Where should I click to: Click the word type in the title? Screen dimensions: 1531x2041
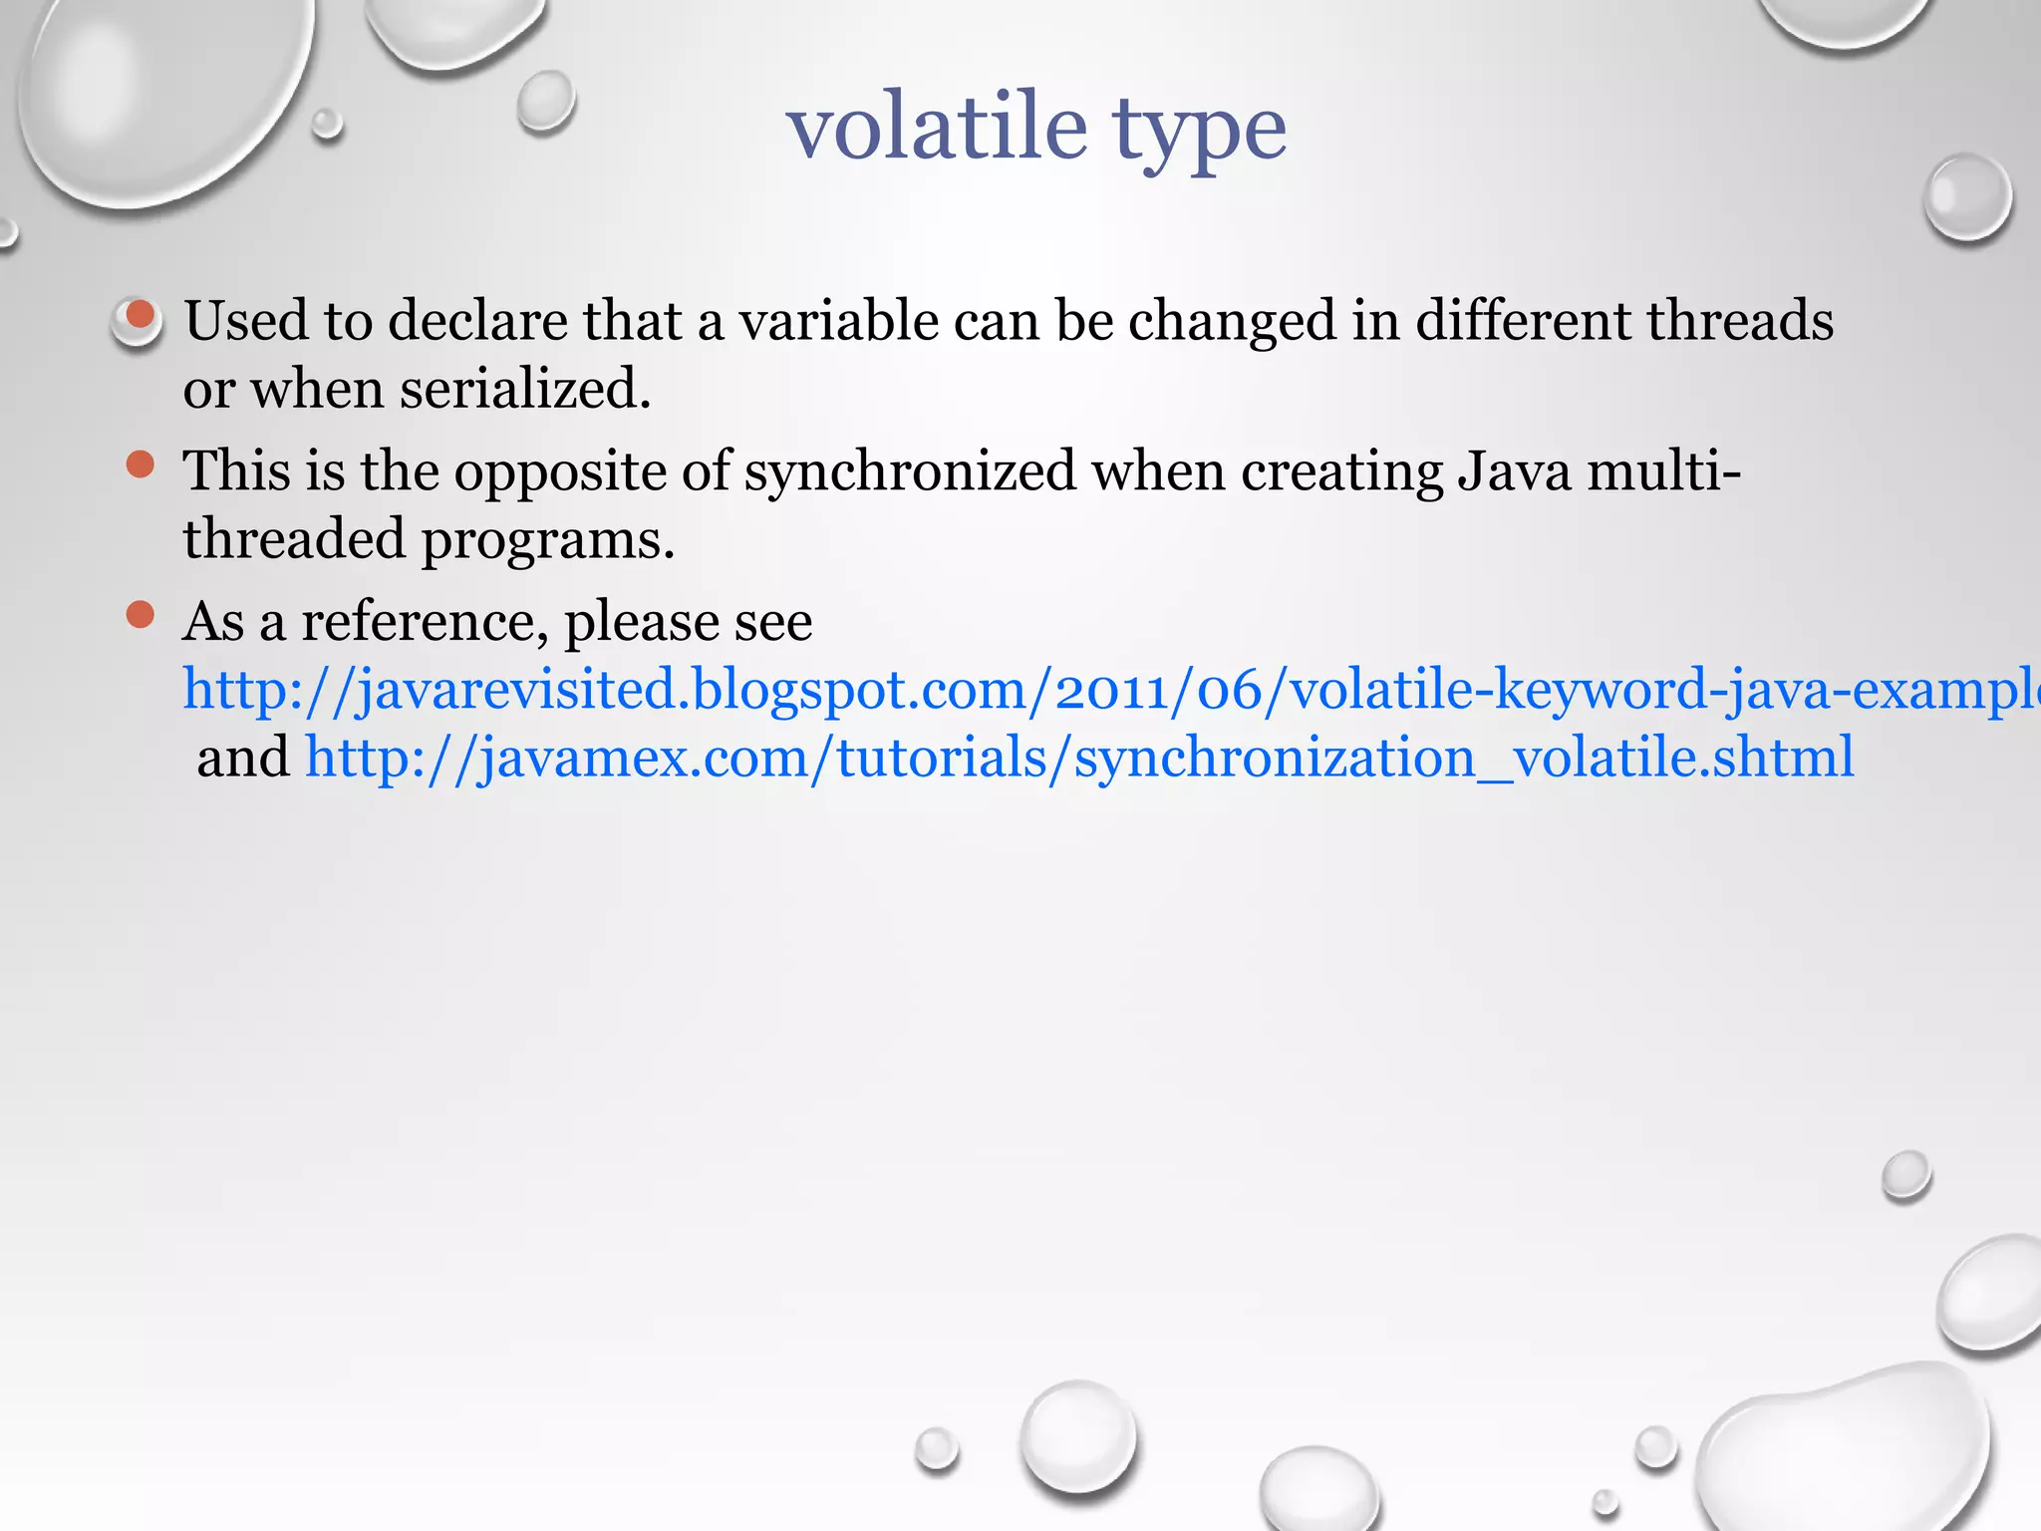[1199, 135]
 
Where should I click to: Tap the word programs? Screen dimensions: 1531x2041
[548, 541]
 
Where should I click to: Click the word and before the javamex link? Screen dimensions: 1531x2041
[243, 758]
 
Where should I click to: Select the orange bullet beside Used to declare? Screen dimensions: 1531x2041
[141, 316]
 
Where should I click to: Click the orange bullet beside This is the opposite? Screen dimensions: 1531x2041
[141, 464]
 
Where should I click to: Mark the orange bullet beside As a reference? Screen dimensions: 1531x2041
[141, 614]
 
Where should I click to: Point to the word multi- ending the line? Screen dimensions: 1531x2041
[1663, 470]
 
